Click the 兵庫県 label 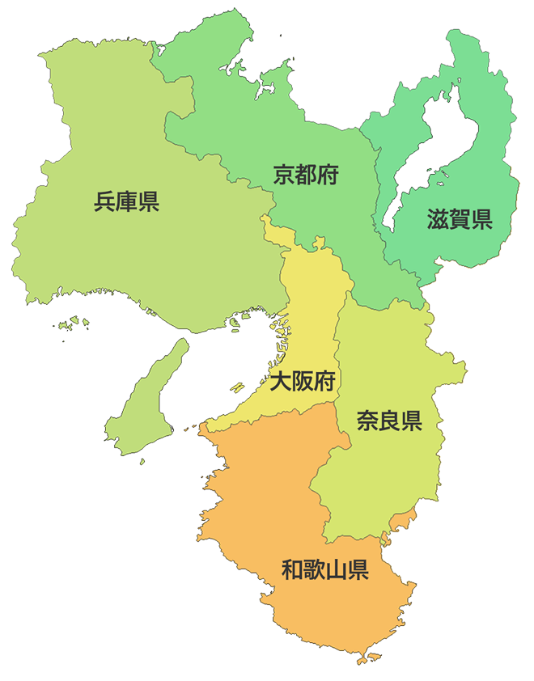pos(126,201)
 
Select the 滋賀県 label pos(460,219)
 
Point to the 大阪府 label pos(303,381)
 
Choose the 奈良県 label pos(389,421)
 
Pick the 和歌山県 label pos(325,570)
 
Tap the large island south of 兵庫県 pos(146,404)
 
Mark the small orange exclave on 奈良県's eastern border pos(403,522)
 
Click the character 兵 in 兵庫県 pos(105,201)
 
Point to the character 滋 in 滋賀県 pos(438,219)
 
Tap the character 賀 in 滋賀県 pos(460,219)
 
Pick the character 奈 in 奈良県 pos(367,421)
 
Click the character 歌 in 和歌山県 pos(314,570)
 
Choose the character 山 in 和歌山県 pos(336,570)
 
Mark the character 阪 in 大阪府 pos(303,381)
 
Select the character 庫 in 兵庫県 pos(126,201)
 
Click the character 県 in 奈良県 pos(411,421)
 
